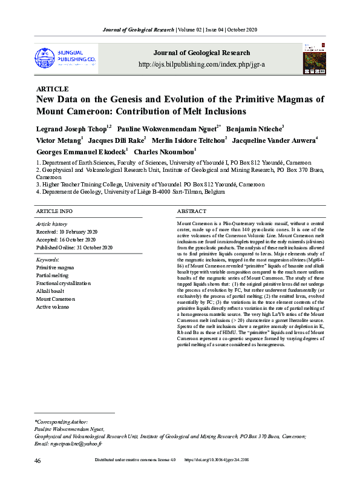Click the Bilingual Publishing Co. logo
pyautogui.click(x=66, y=58)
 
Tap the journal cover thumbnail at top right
pyautogui.click(x=314, y=58)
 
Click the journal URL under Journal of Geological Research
pyautogui.click(x=201, y=64)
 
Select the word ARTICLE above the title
pyautogui.click(x=53, y=89)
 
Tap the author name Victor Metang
pyautogui.click(x=58, y=140)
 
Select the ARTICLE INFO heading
pyautogui.click(x=54, y=211)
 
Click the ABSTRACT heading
pyautogui.click(x=192, y=211)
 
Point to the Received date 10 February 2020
pyautogui.click(x=67, y=232)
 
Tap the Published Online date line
pyautogui.click(x=74, y=248)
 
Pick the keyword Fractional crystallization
pyautogui.click(x=64, y=283)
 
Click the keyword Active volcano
pyautogui.click(x=53, y=307)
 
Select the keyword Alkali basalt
pyautogui.click(x=50, y=291)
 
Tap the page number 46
pyautogui.click(x=38, y=461)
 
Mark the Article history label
pyautogui.click(x=51, y=224)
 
